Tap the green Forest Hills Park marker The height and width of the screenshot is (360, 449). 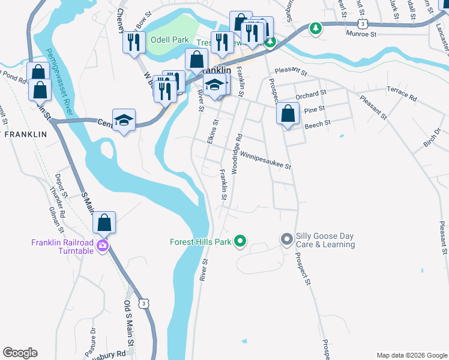pyautogui.click(x=240, y=242)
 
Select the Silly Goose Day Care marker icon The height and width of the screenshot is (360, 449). pyautogui.click(x=287, y=239)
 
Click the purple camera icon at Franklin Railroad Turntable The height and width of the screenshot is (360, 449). pyautogui.click(x=102, y=245)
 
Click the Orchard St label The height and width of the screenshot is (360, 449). pyautogui.click(x=310, y=94)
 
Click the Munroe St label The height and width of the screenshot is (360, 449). pyautogui.click(x=361, y=35)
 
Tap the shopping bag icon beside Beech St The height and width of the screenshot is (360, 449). pyautogui.click(x=288, y=113)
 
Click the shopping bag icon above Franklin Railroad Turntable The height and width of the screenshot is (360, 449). pyautogui.click(x=104, y=222)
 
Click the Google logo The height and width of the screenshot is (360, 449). pyautogui.click(x=20, y=353)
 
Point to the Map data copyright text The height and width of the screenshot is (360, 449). pyautogui.click(x=411, y=355)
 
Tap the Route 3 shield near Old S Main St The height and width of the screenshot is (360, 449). pyautogui.click(x=143, y=304)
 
